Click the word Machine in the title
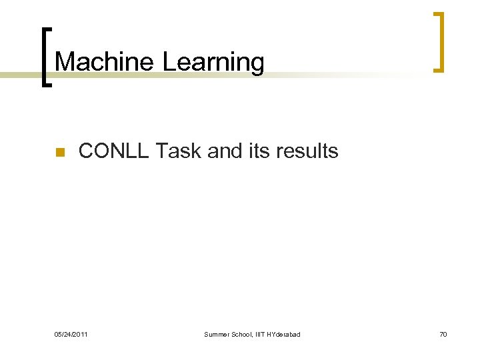pos(105,62)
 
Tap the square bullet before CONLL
pos(59,153)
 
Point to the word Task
pos(179,151)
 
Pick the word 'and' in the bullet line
pos(222,151)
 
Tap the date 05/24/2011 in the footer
pos(71,334)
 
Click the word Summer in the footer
pos(217,334)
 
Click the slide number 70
pos(443,334)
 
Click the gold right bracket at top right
pos(438,41)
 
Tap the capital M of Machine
pos(64,62)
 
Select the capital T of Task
pos(162,151)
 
